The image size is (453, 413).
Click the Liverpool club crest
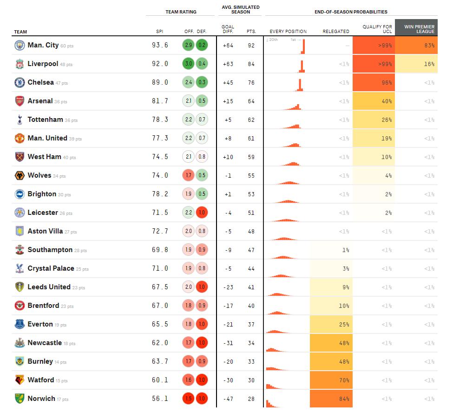(x=20, y=64)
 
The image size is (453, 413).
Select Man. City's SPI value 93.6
(x=160, y=45)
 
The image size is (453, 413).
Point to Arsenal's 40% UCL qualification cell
(x=374, y=101)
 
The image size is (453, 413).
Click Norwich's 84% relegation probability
(x=331, y=399)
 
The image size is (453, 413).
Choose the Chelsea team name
(x=40, y=82)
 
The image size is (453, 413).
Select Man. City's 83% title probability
(x=416, y=45)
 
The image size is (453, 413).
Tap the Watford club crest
(x=20, y=380)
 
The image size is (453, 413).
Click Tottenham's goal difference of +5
(x=228, y=120)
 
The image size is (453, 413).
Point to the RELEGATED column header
(x=336, y=32)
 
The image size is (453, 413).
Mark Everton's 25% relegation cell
(x=331, y=324)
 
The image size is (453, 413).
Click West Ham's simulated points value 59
(x=251, y=157)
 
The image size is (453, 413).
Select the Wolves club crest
(x=20, y=175)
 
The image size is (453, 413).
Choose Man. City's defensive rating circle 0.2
(x=202, y=45)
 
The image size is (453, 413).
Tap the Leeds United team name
(x=49, y=287)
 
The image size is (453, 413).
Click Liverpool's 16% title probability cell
(x=416, y=64)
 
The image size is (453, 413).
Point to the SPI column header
(x=159, y=32)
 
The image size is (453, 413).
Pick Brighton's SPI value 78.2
(x=160, y=194)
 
